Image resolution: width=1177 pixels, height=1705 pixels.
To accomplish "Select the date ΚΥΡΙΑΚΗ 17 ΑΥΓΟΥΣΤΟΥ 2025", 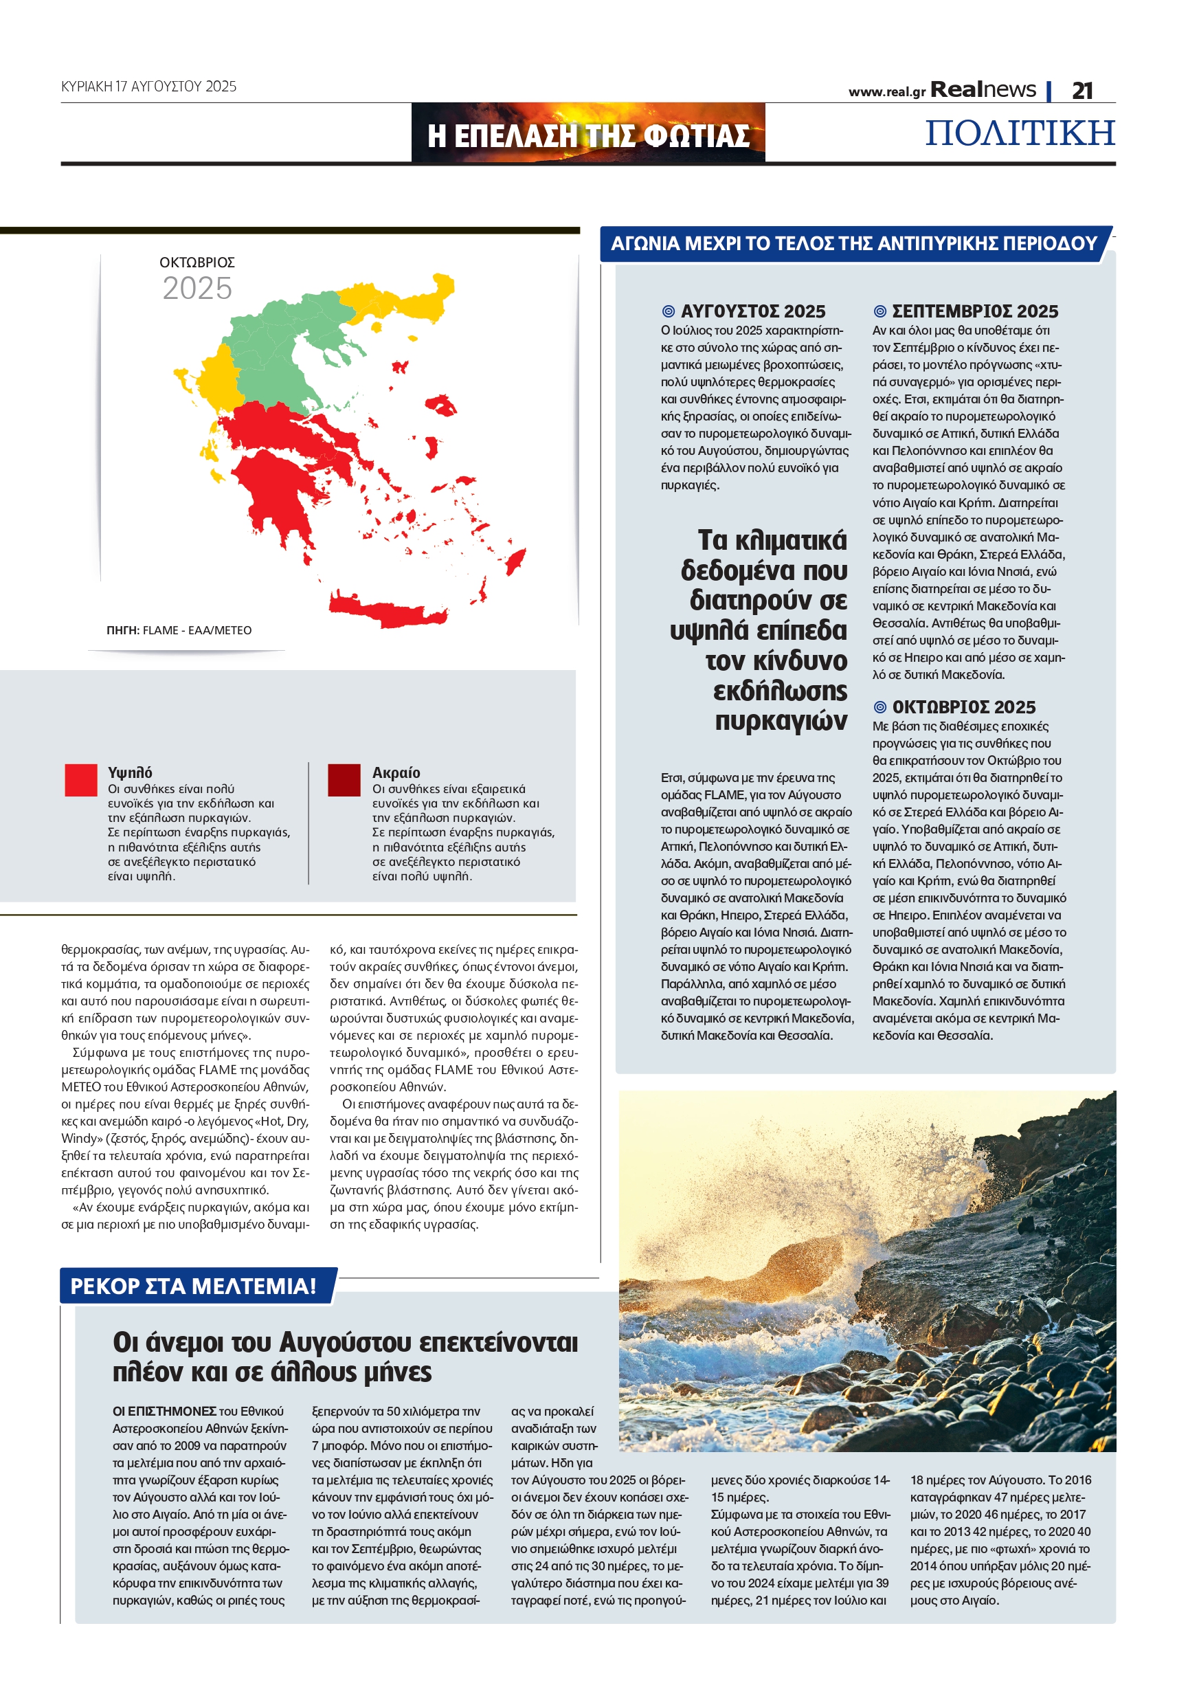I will (149, 87).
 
